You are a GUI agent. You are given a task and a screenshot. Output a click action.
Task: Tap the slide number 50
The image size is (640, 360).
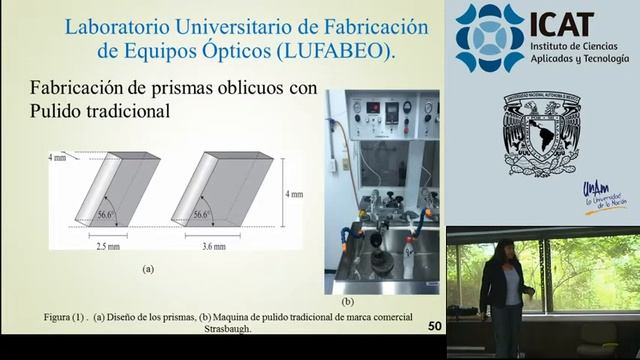[x=434, y=326]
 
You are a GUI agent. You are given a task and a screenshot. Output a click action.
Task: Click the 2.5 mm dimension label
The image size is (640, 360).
[x=107, y=245]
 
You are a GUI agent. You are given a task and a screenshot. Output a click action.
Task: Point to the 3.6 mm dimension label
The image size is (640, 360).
[x=213, y=245]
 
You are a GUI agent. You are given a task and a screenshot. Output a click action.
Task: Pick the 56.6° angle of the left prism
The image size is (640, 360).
[x=107, y=214]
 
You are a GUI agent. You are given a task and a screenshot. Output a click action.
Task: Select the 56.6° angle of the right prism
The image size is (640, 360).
[x=201, y=214]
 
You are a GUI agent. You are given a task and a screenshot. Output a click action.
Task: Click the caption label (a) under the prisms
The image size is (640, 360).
[x=148, y=268]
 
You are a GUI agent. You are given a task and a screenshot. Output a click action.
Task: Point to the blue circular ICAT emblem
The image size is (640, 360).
[x=489, y=38]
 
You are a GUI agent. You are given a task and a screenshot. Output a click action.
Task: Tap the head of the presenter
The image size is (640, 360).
[x=502, y=249]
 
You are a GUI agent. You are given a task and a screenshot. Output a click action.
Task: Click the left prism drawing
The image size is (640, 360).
[x=116, y=189]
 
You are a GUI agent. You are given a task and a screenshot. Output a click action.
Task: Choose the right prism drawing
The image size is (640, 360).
[x=222, y=189]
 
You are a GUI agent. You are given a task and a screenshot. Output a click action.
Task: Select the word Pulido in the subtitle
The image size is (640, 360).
[x=59, y=111]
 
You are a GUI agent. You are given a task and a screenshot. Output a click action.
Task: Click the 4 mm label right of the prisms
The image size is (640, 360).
[x=294, y=194]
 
